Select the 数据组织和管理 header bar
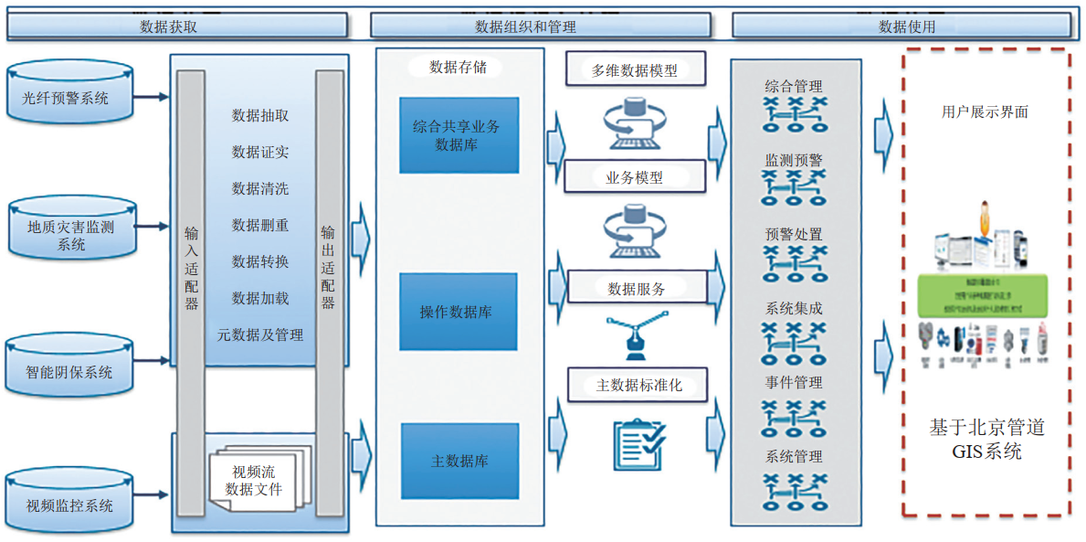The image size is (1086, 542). pos(543,27)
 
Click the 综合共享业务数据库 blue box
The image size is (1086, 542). pos(459,135)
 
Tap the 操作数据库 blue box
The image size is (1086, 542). pos(459,312)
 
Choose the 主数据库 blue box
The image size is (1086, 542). pos(459,461)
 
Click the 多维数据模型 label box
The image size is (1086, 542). pos(635,69)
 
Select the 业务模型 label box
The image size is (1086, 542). pos(635,177)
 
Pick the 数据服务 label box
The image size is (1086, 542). pos(637,289)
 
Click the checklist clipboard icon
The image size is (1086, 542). pos(638,443)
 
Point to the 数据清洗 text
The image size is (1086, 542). pos(260,188)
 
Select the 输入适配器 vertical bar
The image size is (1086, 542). pos(191,292)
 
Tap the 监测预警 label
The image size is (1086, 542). pos(794,160)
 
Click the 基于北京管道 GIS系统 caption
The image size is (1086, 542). pos(986,440)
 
